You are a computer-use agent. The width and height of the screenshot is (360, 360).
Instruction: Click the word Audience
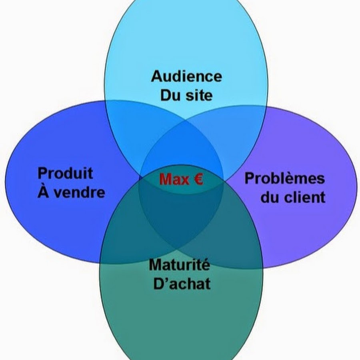[186, 76]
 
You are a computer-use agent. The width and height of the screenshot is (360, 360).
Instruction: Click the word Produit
[65, 173]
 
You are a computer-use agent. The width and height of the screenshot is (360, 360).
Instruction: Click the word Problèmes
[284, 178]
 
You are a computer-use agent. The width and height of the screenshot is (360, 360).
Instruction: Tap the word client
[304, 197]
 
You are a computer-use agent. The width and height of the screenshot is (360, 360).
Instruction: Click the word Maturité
[179, 264]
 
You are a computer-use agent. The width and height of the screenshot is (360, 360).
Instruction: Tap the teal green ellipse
[180, 320]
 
